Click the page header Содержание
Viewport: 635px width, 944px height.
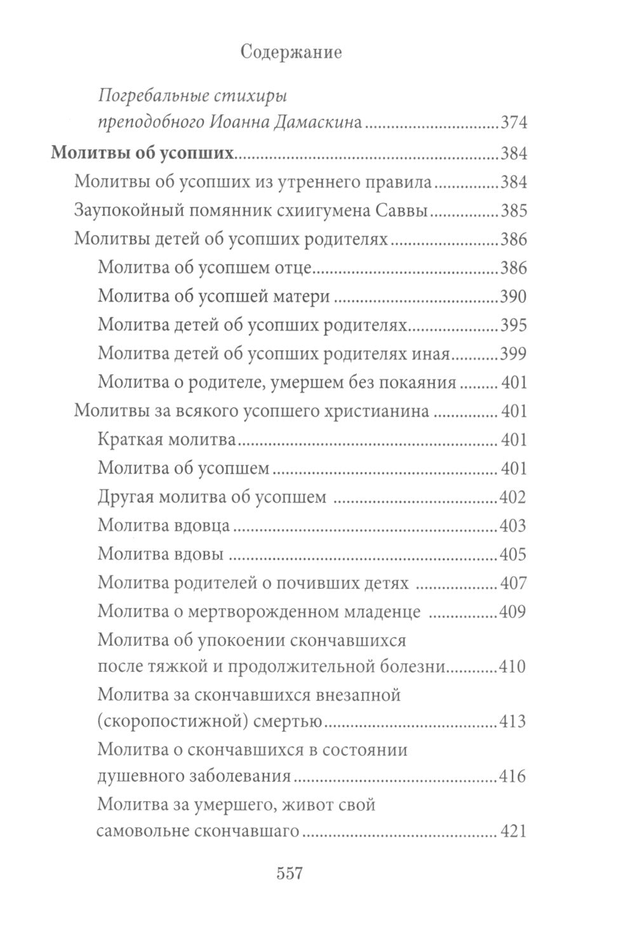coord(291,53)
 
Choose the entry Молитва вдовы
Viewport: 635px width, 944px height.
coord(161,554)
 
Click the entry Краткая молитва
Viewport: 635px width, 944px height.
coord(168,440)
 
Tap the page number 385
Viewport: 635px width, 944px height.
coord(514,211)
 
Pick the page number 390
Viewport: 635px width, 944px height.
coord(514,297)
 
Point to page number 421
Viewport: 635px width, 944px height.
coord(514,831)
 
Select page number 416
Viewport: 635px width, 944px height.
coord(514,776)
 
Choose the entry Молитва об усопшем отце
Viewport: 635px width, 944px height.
coord(204,268)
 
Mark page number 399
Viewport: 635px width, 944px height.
coord(514,354)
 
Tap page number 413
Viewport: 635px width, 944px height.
coord(514,721)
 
